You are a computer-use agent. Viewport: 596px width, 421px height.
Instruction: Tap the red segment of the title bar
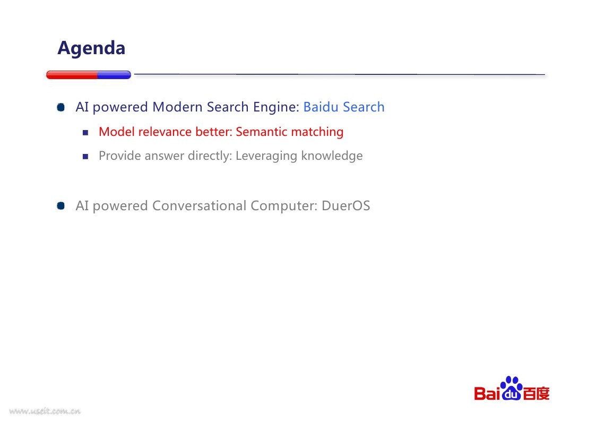click(72, 75)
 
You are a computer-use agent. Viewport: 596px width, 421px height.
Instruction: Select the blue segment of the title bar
click(115, 75)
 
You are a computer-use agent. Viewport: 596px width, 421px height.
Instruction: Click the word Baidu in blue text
click(321, 107)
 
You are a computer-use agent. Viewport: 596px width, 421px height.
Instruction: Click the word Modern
click(177, 107)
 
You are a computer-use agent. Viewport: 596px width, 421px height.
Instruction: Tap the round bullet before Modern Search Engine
click(61, 107)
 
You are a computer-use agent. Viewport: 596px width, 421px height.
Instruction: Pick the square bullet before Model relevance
click(85, 132)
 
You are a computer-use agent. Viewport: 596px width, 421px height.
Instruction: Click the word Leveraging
click(266, 156)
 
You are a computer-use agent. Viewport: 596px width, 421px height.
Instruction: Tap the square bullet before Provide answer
click(85, 156)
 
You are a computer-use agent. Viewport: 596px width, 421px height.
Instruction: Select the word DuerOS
click(346, 206)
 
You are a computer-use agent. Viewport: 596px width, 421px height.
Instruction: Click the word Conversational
click(200, 206)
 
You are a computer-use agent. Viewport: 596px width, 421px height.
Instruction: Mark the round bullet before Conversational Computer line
click(61, 206)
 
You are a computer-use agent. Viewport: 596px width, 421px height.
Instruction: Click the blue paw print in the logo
click(512, 388)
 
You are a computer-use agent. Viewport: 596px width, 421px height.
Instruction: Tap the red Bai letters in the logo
click(487, 393)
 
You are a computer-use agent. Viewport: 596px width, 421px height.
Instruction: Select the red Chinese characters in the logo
click(537, 393)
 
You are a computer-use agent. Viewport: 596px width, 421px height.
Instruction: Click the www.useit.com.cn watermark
click(45, 411)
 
